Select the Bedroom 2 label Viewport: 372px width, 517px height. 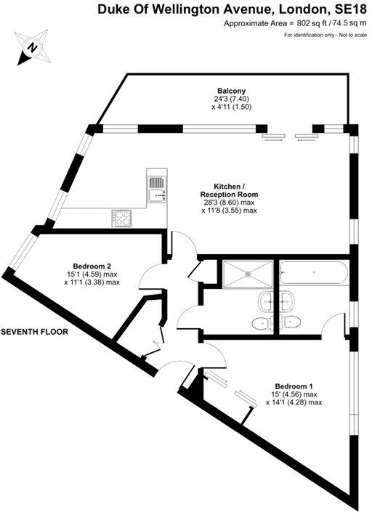[92, 266]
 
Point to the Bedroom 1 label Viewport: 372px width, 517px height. [294, 386]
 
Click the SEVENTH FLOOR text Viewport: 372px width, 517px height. [34, 331]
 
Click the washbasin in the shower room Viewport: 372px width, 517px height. [264, 300]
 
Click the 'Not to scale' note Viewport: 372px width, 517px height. [346, 36]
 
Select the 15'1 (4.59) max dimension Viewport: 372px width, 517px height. [92, 274]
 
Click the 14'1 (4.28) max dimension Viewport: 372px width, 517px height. [294, 402]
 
